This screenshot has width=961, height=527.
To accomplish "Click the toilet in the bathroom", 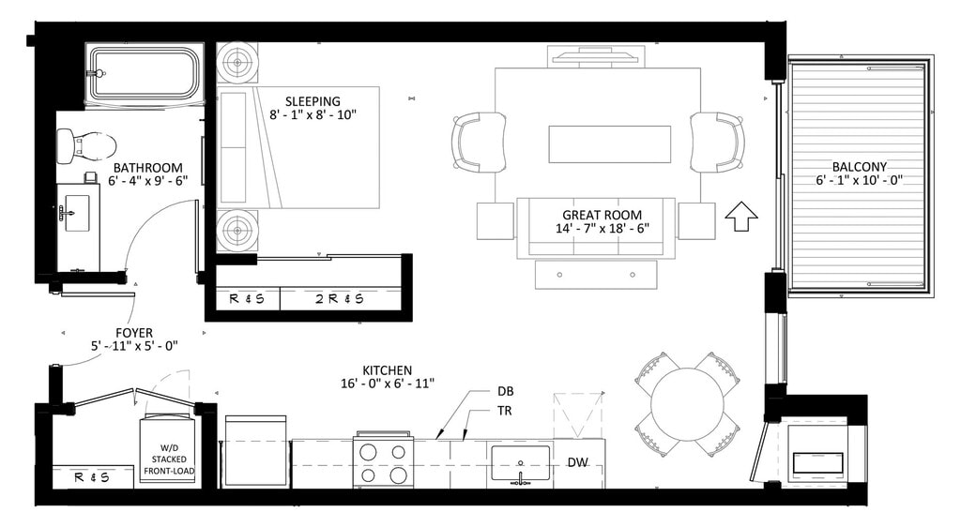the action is tap(86, 145).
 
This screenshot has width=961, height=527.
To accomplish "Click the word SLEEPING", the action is tap(313, 101).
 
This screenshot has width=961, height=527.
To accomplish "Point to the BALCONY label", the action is tap(860, 167).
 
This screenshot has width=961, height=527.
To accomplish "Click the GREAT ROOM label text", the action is tap(602, 215).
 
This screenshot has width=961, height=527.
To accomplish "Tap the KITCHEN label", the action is tap(388, 370).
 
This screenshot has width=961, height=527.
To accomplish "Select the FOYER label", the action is tap(134, 333).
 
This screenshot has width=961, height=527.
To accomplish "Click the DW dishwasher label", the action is tap(577, 462).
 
